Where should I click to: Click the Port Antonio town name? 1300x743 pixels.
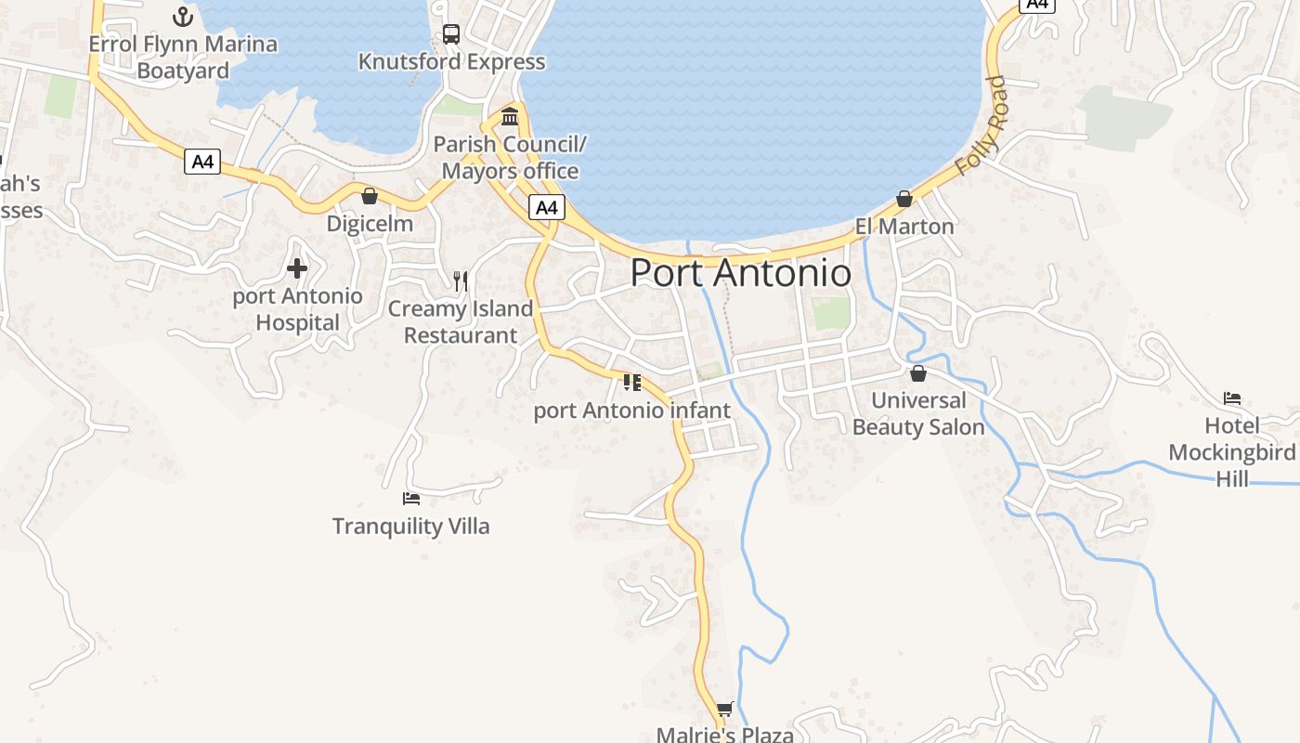(740, 273)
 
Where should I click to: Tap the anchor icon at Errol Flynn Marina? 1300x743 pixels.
(183, 16)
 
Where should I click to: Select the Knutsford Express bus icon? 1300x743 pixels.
(451, 34)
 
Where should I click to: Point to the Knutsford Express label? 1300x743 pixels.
(451, 62)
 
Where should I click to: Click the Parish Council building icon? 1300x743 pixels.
(510, 117)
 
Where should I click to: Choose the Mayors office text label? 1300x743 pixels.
(510, 171)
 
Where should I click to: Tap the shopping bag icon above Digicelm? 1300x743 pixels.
(370, 196)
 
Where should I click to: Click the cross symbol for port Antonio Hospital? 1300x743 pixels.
(297, 269)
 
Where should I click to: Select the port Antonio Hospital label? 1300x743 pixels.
(297, 309)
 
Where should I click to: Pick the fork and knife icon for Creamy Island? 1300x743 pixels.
(461, 280)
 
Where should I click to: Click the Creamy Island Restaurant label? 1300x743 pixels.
(461, 322)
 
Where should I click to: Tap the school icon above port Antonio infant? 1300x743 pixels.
(632, 383)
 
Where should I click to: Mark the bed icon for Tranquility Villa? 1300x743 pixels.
(411, 499)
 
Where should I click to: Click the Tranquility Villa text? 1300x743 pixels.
(411, 527)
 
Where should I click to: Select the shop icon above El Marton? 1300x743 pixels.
(904, 199)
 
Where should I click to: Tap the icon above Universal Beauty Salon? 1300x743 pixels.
(918, 373)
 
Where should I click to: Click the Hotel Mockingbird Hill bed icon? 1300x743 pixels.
(1232, 398)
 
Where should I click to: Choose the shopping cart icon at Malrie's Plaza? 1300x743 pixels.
(725, 710)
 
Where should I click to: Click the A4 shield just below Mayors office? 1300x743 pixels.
(547, 208)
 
